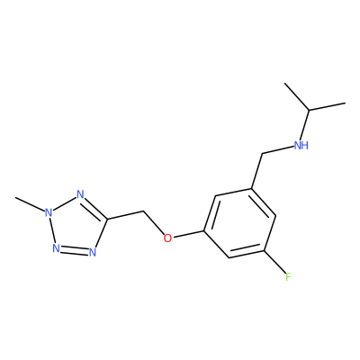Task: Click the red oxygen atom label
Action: [x=167, y=238]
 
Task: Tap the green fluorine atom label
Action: [x=288, y=276]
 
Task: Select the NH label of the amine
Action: [x=301, y=146]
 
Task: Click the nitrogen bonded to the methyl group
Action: [x=48, y=213]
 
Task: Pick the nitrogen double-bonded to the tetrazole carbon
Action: [x=80, y=194]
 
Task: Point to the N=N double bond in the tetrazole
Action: [x=74, y=250]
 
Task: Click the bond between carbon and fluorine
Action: [x=274, y=262]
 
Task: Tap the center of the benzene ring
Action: [x=239, y=223]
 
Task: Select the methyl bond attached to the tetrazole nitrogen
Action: [x=30, y=204]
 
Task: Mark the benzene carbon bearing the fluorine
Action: [x=264, y=251]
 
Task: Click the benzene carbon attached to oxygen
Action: [x=204, y=231]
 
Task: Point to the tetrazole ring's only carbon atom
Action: [x=107, y=219]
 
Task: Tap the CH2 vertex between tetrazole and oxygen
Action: [x=143, y=211]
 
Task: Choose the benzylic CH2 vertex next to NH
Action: [x=262, y=154]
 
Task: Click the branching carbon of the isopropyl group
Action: [x=309, y=110]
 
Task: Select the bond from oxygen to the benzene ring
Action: [x=188, y=234]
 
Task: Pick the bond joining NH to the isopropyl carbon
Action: [x=305, y=125]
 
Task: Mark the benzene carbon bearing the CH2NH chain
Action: [x=251, y=188]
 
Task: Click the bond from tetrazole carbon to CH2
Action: [x=125, y=215]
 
